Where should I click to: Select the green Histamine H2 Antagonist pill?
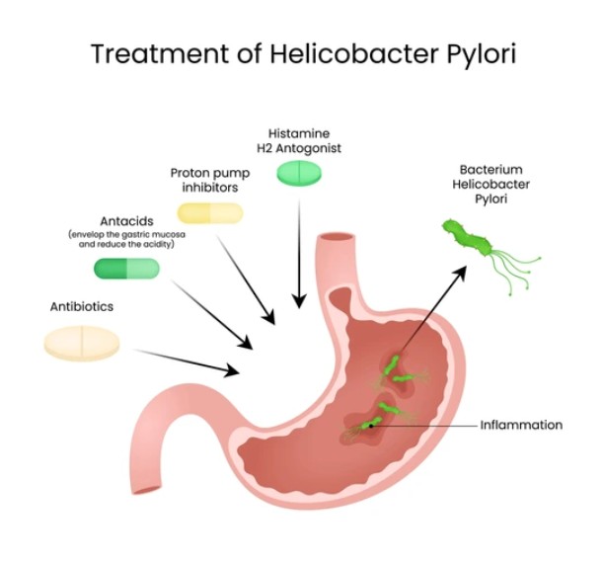coord(298,173)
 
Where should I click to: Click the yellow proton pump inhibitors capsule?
coord(209,211)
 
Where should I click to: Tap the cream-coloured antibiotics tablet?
coord(82,342)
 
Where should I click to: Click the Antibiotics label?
coord(81,306)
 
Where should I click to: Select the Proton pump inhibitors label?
coord(209,181)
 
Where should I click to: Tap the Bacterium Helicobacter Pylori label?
coord(491,186)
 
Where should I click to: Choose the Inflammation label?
coord(521,425)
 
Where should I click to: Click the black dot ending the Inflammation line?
coord(373,425)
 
